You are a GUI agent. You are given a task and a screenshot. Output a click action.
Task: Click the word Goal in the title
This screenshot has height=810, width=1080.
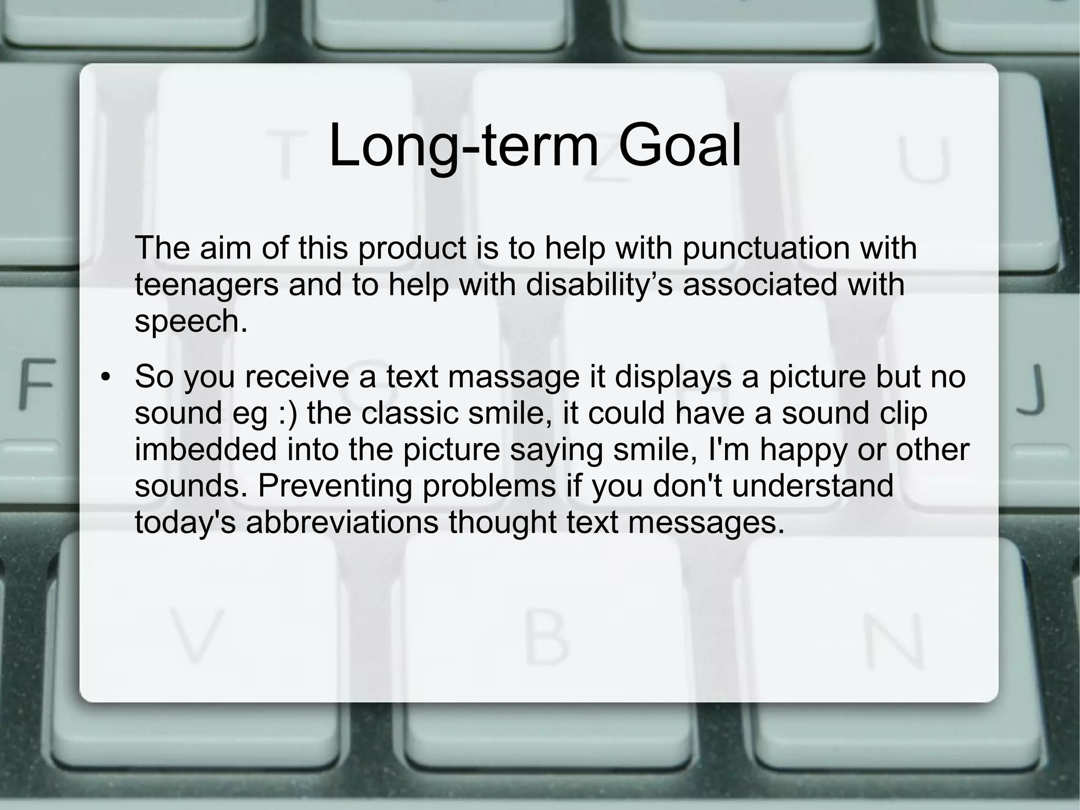click(x=680, y=146)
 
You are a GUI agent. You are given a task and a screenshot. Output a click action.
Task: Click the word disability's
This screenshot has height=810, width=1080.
click(x=599, y=284)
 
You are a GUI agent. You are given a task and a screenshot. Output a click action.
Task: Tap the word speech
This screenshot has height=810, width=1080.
click(x=190, y=321)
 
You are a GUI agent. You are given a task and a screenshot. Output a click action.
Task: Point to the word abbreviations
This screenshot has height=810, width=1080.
click(x=342, y=522)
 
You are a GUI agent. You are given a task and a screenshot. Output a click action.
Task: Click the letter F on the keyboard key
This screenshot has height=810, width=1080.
click(x=37, y=384)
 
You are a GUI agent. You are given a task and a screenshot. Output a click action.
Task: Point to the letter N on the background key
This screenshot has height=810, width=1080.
click(x=894, y=642)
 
